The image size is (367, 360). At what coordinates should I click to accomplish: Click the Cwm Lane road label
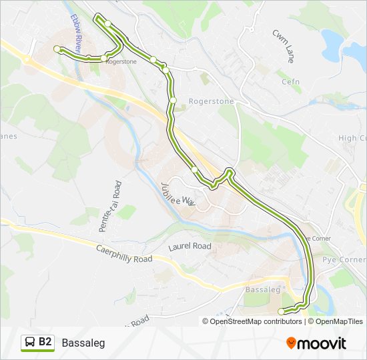(282, 46)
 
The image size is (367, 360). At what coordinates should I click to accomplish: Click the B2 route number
(45, 342)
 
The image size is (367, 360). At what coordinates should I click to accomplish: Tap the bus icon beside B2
(30, 343)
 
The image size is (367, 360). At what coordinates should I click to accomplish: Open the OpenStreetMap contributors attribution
(256, 321)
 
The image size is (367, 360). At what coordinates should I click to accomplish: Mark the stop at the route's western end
(57, 49)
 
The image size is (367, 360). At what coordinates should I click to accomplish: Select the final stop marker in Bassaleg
(281, 311)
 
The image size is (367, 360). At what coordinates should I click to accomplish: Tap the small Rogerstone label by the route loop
(121, 61)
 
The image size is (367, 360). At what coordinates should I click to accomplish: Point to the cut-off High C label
(352, 138)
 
